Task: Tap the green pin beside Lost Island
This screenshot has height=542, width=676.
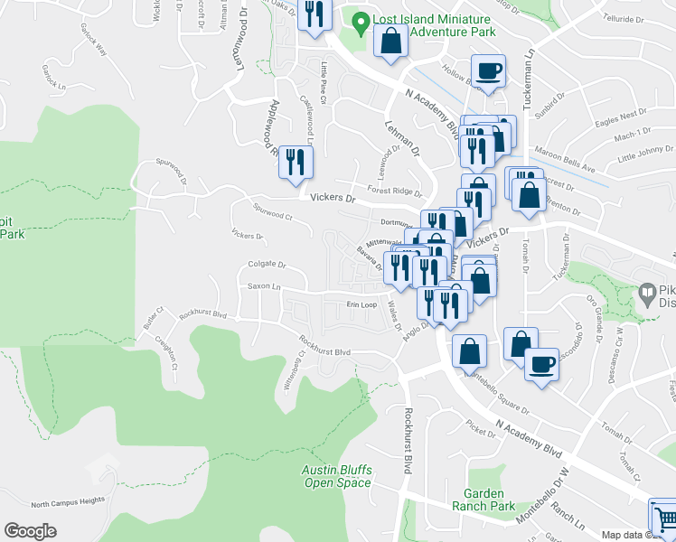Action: tap(360, 20)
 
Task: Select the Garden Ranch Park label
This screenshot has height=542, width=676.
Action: tap(489, 500)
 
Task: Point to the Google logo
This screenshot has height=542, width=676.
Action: tap(31, 531)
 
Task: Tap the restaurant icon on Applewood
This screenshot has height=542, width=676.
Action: tap(296, 162)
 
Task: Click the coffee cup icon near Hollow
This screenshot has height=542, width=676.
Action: tap(488, 70)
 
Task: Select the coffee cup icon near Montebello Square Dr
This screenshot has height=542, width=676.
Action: tap(541, 363)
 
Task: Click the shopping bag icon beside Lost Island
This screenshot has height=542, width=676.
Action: tap(390, 41)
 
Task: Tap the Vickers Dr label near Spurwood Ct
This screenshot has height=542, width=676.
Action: tap(329, 197)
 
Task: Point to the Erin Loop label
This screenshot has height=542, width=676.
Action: tap(361, 304)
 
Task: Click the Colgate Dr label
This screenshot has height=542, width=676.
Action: tap(267, 265)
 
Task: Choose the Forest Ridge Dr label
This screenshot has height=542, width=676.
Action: tap(395, 192)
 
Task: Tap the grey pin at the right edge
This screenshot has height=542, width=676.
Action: tap(647, 294)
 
